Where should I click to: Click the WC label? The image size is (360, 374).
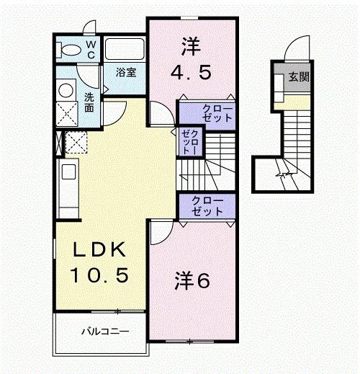click(x=91, y=49)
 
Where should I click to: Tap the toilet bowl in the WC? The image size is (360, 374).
click(x=71, y=50)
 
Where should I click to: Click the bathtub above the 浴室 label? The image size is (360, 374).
click(x=125, y=50)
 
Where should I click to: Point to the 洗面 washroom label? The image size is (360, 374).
click(x=88, y=102)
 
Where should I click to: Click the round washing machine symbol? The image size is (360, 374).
click(x=66, y=89)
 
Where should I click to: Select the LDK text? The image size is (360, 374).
click(x=101, y=251)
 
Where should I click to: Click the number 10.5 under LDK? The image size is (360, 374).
click(x=101, y=275)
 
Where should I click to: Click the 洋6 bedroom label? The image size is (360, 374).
click(x=192, y=280)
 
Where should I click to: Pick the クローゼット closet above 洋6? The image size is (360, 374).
click(x=207, y=205)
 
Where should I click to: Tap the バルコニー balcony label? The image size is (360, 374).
click(x=105, y=332)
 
